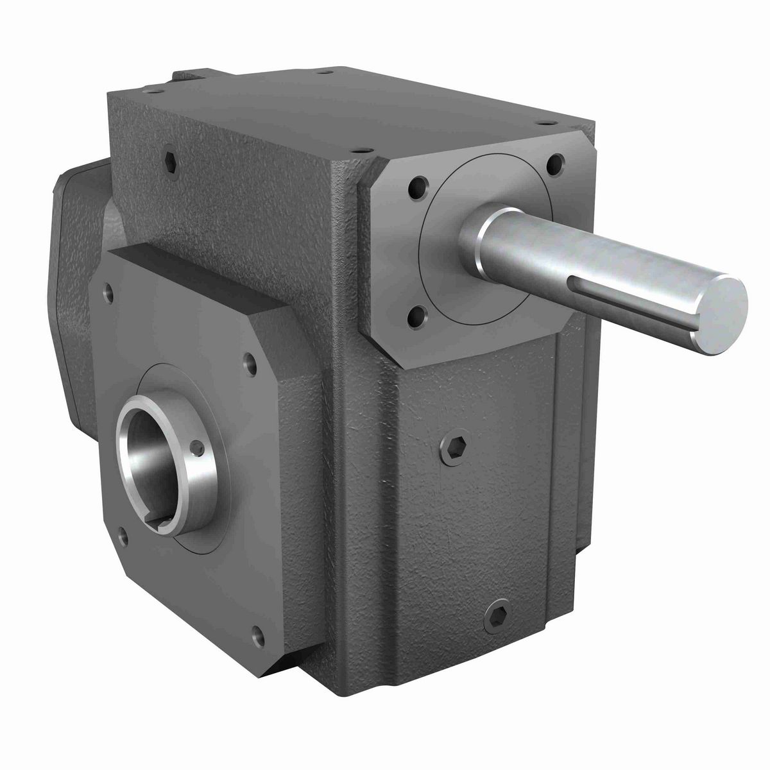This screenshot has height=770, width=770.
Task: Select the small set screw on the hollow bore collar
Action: pos(200,446)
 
